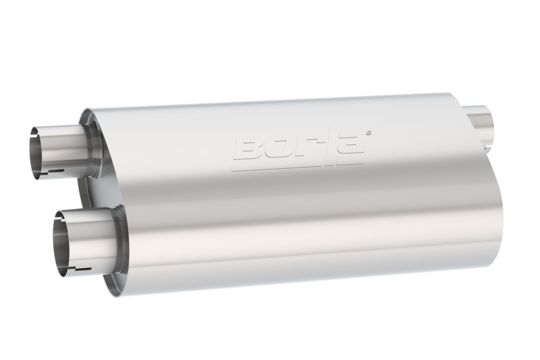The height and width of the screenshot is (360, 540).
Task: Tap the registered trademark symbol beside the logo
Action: coord(368,132)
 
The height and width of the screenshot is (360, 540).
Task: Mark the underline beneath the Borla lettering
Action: coord(297,165)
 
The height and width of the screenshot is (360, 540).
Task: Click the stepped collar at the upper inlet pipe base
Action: coord(92,146)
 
